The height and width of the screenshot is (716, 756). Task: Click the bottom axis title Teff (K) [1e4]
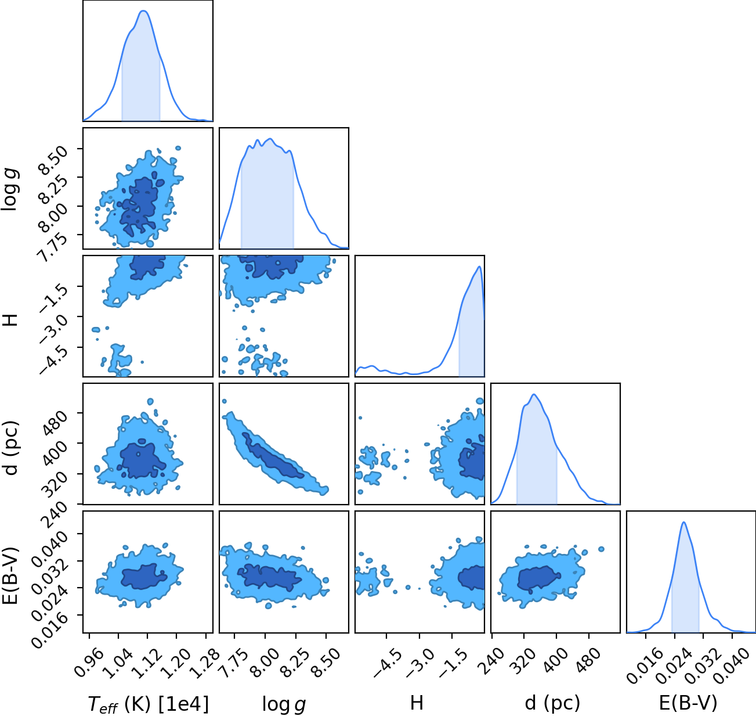149,703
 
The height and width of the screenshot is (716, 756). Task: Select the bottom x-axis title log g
284,704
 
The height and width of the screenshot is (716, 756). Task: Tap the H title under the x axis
417,703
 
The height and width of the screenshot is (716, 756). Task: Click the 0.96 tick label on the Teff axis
89,663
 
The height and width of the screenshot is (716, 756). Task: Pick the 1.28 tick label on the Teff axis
205,663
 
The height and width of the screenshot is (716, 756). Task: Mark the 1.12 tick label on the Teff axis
147,663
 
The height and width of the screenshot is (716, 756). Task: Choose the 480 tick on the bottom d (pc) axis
588,660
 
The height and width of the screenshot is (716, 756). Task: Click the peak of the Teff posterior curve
143,11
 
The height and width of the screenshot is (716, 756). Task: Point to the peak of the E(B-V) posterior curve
683,523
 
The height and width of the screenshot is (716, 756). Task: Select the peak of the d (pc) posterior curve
534,394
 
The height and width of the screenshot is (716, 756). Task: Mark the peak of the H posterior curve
479,267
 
